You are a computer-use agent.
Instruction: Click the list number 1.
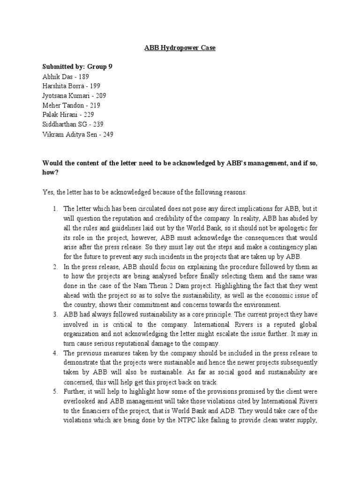point(54,208)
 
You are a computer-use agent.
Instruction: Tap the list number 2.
point(54,266)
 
